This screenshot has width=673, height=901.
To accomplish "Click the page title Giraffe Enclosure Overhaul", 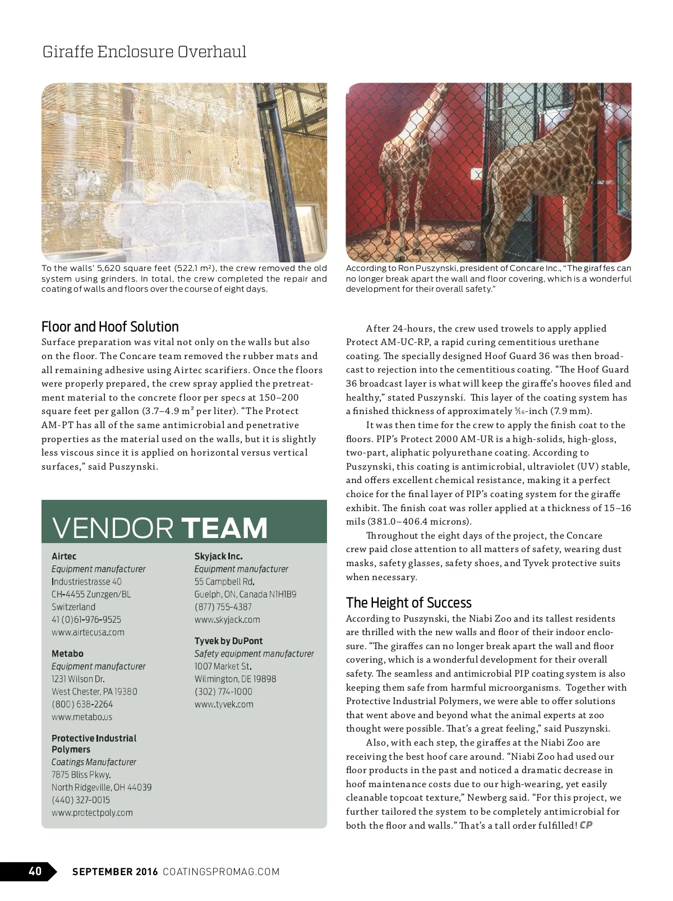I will [x=144, y=52].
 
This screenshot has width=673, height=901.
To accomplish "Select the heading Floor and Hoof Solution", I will [x=110, y=327].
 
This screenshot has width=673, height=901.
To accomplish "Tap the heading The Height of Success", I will [x=408, y=603].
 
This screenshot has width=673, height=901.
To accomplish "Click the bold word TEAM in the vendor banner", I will [x=224, y=528].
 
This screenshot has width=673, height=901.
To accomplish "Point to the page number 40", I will [x=35, y=871].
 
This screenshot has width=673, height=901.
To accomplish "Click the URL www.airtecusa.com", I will [x=88, y=632].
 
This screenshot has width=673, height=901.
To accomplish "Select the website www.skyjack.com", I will [x=227, y=619].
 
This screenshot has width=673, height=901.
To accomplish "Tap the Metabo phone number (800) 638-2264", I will [x=82, y=704].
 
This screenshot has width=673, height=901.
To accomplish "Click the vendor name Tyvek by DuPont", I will [x=228, y=641].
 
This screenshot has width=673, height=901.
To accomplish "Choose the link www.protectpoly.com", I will [x=92, y=812].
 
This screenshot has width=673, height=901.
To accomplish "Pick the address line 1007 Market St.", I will [x=223, y=666].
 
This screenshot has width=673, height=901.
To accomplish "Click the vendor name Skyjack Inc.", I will [x=218, y=556].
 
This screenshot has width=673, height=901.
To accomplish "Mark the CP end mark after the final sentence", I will [x=586, y=825].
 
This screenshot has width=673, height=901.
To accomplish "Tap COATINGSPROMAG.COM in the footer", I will [x=221, y=871].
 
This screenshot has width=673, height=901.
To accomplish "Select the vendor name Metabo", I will [x=67, y=654].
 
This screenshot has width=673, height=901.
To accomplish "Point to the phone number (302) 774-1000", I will [x=223, y=691].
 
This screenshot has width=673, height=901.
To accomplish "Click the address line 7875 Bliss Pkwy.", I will [x=81, y=774].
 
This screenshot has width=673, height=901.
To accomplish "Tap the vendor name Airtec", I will [x=64, y=556].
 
